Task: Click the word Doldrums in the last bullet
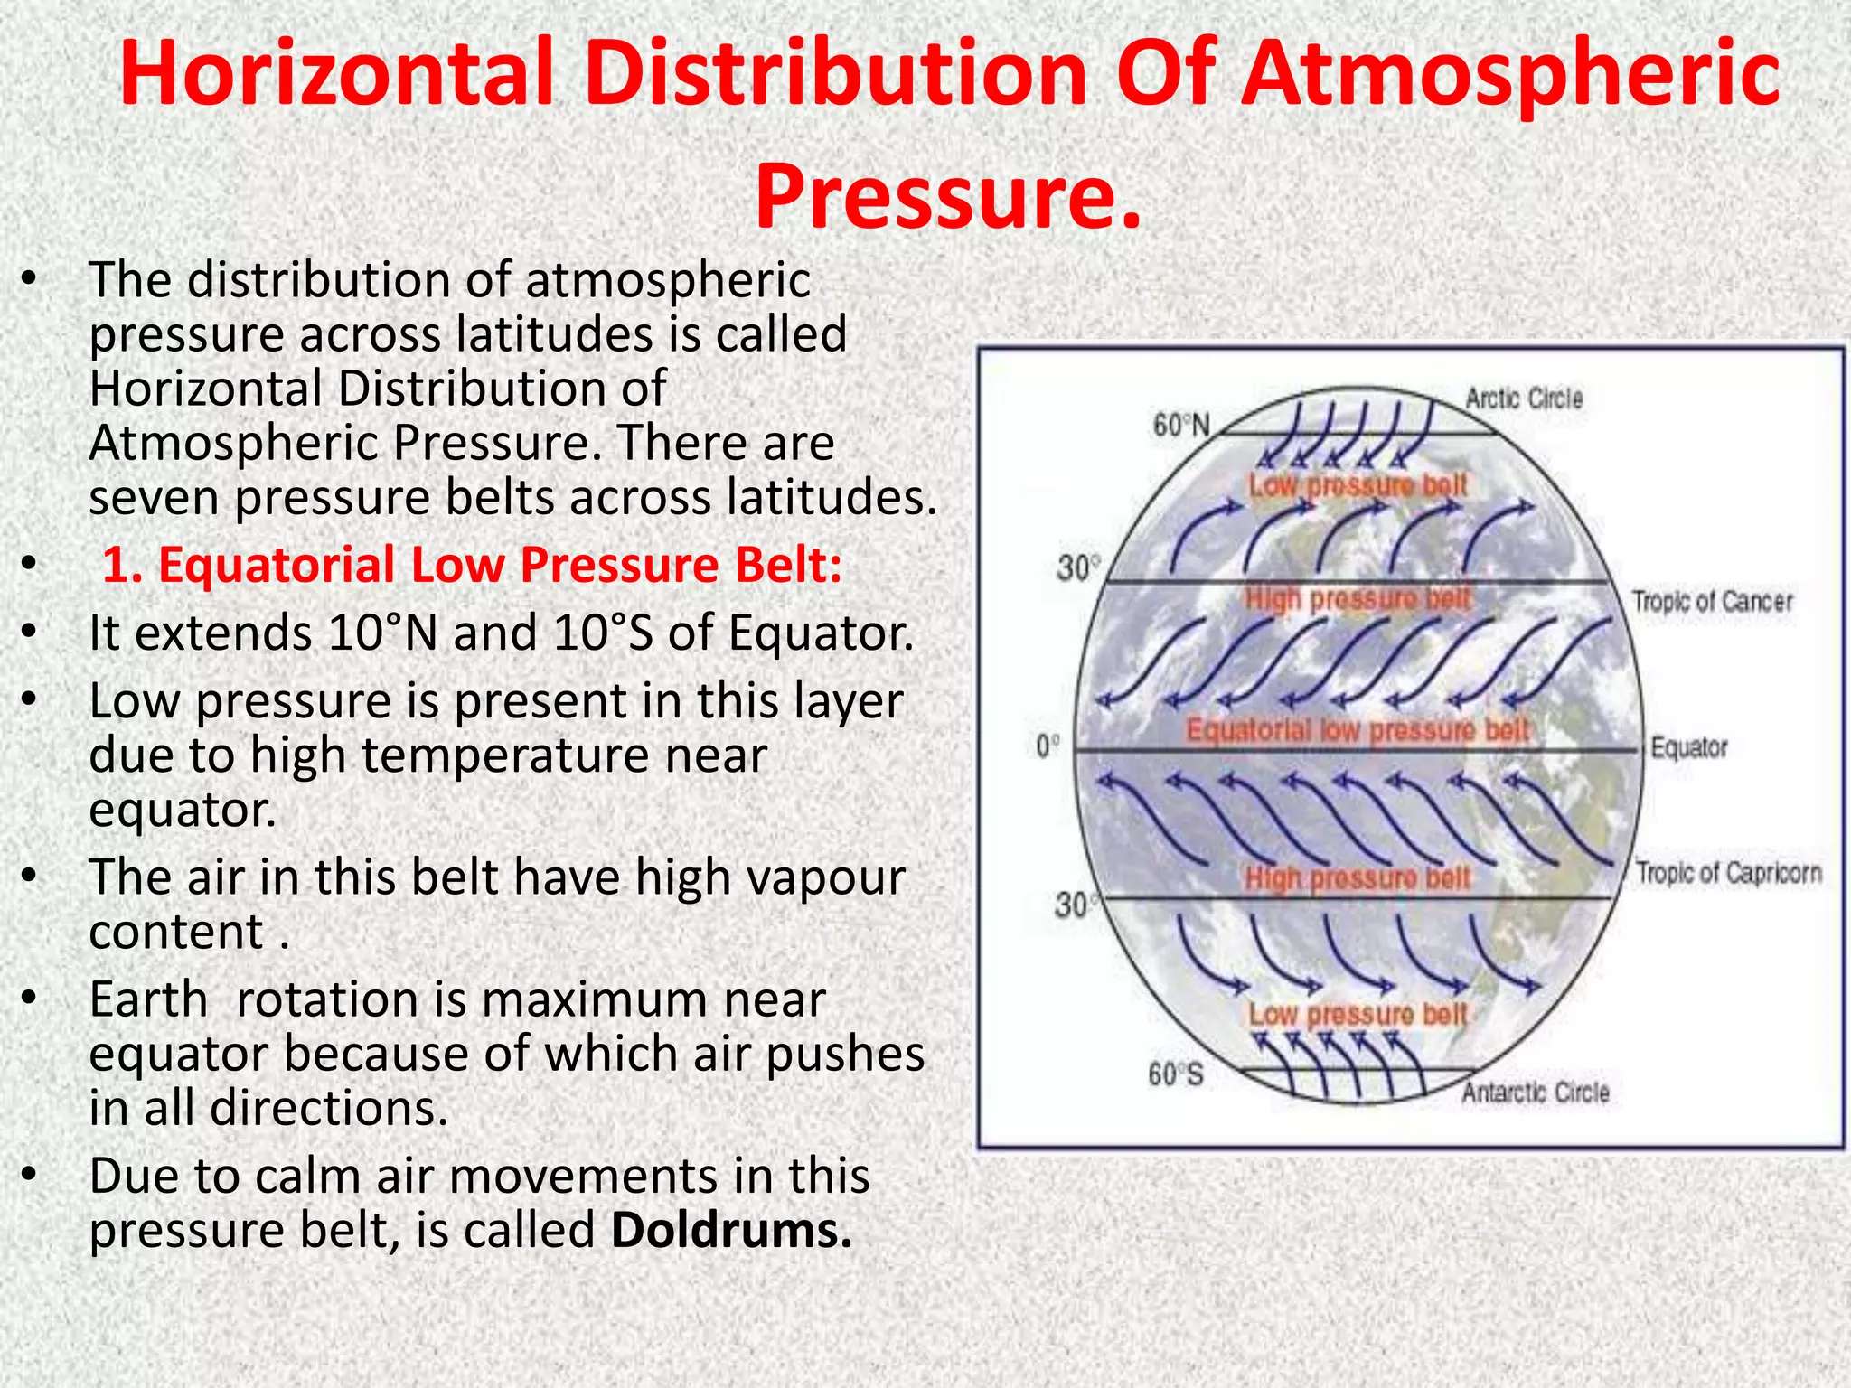point(730,1231)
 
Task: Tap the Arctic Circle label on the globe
point(1524,399)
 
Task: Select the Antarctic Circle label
point(1536,1093)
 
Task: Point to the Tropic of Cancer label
point(1712,602)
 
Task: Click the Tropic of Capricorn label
point(1729,873)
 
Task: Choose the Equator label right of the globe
point(1688,747)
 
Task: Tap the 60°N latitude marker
point(1180,425)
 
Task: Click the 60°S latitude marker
point(1175,1074)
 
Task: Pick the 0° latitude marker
point(1048,746)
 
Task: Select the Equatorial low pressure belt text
point(1357,730)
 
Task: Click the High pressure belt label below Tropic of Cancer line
point(1358,599)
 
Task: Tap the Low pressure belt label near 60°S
point(1357,1015)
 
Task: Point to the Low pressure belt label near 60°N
point(1357,486)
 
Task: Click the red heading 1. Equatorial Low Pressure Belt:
point(472,566)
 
